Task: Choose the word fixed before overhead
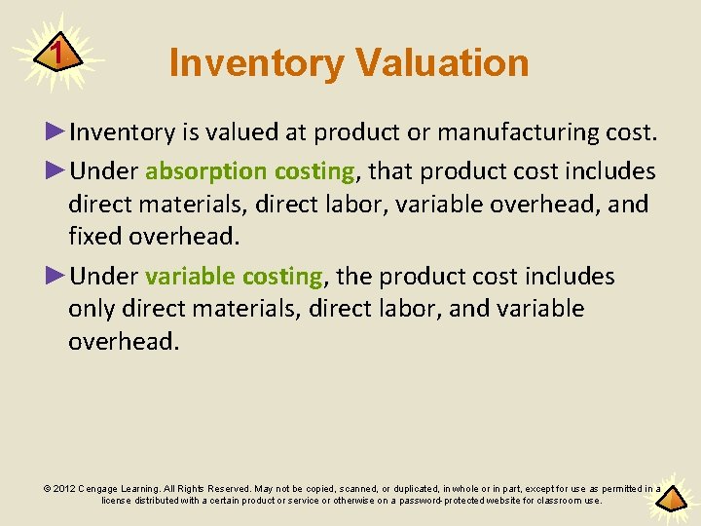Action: point(94,237)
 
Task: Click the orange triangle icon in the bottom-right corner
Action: point(670,499)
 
